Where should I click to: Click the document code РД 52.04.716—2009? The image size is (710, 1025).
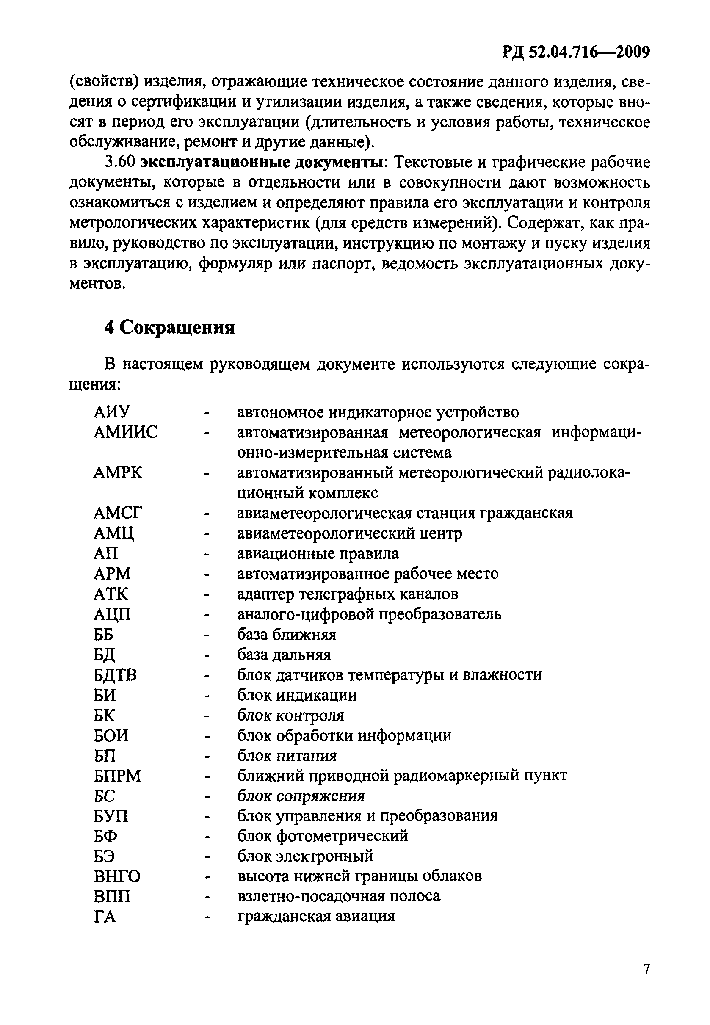pyautogui.click(x=576, y=52)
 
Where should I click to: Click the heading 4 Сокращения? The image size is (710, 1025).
pyautogui.click(x=169, y=328)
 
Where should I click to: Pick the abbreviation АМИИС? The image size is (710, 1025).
pyautogui.click(x=125, y=432)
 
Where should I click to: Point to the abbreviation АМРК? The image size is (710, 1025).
pyautogui.click(x=118, y=472)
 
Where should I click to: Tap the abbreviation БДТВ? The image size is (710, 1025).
pyautogui.click(x=115, y=675)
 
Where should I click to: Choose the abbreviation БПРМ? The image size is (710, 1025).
pyautogui.click(x=117, y=776)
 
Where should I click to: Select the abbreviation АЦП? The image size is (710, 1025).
pyautogui.click(x=112, y=614)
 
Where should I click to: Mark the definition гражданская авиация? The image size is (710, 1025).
pyautogui.click(x=316, y=917)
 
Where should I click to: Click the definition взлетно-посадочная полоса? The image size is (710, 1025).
pyautogui.click(x=339, y=896)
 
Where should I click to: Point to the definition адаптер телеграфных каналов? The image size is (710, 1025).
pyautogui.click(x=348, y=594)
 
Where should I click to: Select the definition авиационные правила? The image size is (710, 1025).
pyautogui.click(x=318, y=553)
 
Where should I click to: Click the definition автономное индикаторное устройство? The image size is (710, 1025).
pyautogui.click(x=378, y=412)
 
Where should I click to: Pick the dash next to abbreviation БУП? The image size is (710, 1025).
pyautogui.click(x=207, y=816)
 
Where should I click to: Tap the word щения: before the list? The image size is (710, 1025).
pyautogui.click(x=95, y=384)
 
